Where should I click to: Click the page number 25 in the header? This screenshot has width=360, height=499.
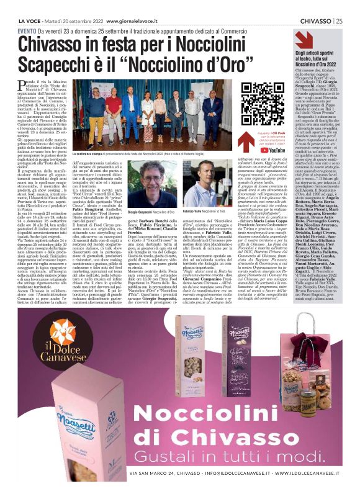(x=338, y=20)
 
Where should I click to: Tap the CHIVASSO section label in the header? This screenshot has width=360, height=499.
(x=313, y=20)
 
